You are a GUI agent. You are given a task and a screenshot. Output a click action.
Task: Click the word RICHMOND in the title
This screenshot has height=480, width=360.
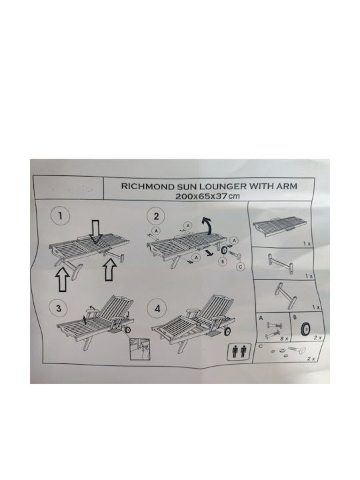point(144,186)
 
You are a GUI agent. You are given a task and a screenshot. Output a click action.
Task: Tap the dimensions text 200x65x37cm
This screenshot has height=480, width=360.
point(207,196)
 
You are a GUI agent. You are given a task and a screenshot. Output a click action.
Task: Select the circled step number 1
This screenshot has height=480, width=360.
point(60,216)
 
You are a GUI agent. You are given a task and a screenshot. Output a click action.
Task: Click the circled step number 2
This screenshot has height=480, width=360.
point(157,217)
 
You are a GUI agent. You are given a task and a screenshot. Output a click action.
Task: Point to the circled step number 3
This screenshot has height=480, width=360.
point(59,308)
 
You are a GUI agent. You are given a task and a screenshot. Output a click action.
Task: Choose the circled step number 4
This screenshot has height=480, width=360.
point(157,308)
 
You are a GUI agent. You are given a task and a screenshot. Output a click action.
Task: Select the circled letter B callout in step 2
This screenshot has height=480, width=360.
point(223,261)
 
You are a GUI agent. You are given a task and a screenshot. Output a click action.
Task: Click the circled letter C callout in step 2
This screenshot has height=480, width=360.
point(241,267)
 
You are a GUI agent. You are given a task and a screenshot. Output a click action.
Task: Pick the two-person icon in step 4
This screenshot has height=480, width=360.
point(239,351)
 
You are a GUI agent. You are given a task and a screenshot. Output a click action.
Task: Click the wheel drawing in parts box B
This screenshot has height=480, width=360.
point(305,329)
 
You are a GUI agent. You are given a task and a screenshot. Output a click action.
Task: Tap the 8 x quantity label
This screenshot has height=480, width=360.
point(284,339)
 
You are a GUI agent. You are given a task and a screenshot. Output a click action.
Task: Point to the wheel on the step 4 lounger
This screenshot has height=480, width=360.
point(227,332)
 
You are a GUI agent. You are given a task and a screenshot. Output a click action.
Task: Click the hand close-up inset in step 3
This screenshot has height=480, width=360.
point(140,349)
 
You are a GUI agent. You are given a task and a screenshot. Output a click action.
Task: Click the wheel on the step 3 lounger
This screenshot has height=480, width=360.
point(127,330)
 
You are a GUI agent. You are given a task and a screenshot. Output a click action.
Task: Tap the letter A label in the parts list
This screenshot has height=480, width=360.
point(261,318)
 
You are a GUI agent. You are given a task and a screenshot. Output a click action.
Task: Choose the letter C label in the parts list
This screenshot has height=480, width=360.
point(261,346)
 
